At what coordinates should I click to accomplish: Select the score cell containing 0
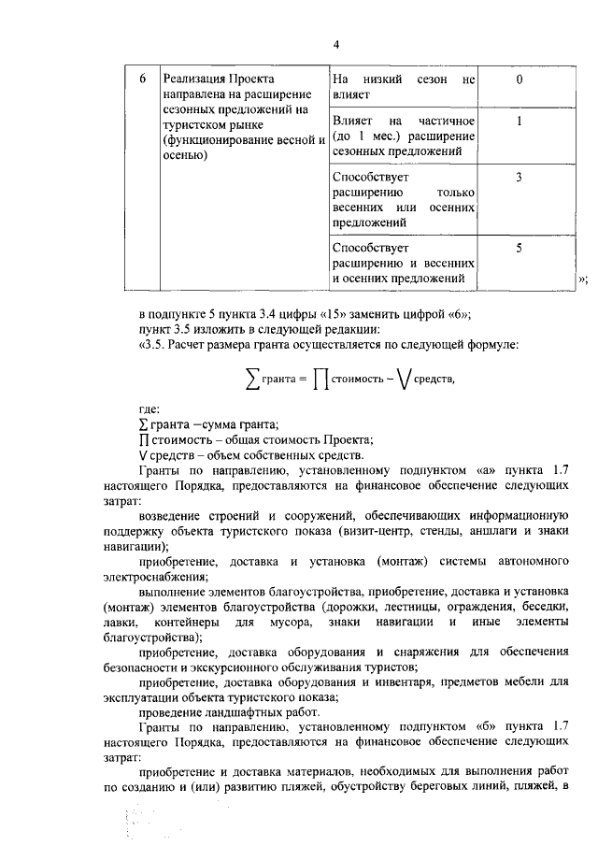pyautogui.click(x=519, y=79)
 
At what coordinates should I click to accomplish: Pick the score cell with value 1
pyautogui.click(x=519, y=122)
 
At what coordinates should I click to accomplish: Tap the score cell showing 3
pyautogui.click(x=519, y=177)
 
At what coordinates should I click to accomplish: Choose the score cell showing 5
pyautogui.click(x=519, y=248)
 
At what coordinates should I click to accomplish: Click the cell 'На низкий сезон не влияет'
pyautogui.click(x=404, y=87)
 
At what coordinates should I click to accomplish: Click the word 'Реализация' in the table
pyautogui.click(x=196, y=79)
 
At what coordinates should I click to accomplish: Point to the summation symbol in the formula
pyautogui.click(x=251, y=378)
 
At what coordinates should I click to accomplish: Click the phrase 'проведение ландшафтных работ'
pyautogui.click(x=223, y=711)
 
